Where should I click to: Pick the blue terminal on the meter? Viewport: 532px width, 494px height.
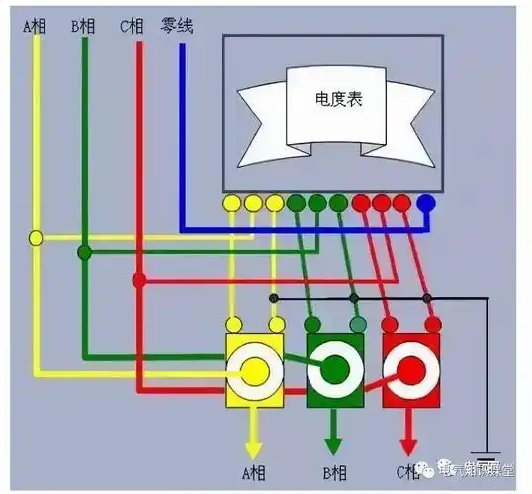click(426, 204)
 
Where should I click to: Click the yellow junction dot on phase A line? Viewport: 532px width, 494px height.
click(37, 238)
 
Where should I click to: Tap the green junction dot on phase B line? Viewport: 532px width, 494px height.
click(85, 253)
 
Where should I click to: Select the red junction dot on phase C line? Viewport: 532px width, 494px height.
click(139, 280)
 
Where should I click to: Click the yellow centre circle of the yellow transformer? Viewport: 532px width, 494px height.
click(254, 370)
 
